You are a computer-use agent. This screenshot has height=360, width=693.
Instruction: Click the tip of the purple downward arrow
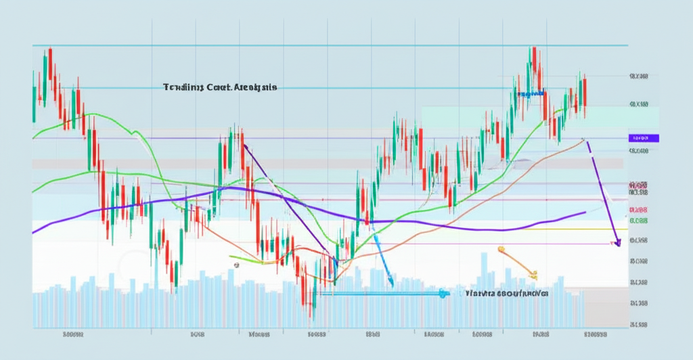pos(617,244)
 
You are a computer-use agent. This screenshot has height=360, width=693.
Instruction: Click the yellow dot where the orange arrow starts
pos(501,250)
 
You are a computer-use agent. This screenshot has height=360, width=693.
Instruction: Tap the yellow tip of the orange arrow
pos(534,275)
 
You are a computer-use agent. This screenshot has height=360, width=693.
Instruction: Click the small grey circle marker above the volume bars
pos(236,265)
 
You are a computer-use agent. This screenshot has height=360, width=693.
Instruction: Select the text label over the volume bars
pos(507,294)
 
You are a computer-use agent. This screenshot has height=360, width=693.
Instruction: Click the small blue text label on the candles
pos(531,93)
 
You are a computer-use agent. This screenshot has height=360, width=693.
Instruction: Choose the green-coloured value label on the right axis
pos(638,221)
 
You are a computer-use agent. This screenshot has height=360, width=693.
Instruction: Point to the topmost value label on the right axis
pos(638,77)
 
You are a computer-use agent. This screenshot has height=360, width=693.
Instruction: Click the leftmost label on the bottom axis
pos(72,334)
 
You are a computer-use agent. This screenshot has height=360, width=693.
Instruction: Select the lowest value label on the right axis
pos(638,325)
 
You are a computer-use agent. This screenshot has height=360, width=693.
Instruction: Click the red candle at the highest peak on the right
pos(534,60)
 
